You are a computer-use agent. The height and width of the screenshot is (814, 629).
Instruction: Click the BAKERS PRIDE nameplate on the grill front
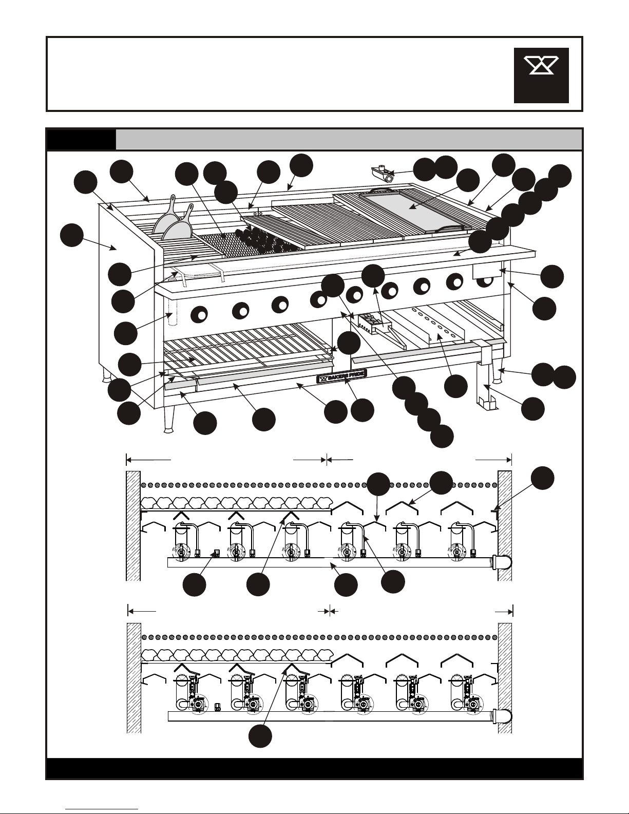click(341, 376)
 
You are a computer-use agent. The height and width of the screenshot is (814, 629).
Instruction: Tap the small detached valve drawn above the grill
click(383, 174)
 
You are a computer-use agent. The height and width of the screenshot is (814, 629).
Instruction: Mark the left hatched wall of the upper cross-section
click(133, 526)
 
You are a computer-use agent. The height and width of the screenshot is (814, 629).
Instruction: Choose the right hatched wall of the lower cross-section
click(504, 678)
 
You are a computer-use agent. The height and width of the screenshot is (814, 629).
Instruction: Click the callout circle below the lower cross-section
click(260, 736)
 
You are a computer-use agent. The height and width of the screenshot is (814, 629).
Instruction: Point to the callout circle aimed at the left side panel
click(71, 235)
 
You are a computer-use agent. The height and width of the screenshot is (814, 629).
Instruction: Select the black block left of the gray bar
click(81, 139)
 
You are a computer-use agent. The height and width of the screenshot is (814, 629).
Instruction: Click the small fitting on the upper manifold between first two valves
click(216, 553)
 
